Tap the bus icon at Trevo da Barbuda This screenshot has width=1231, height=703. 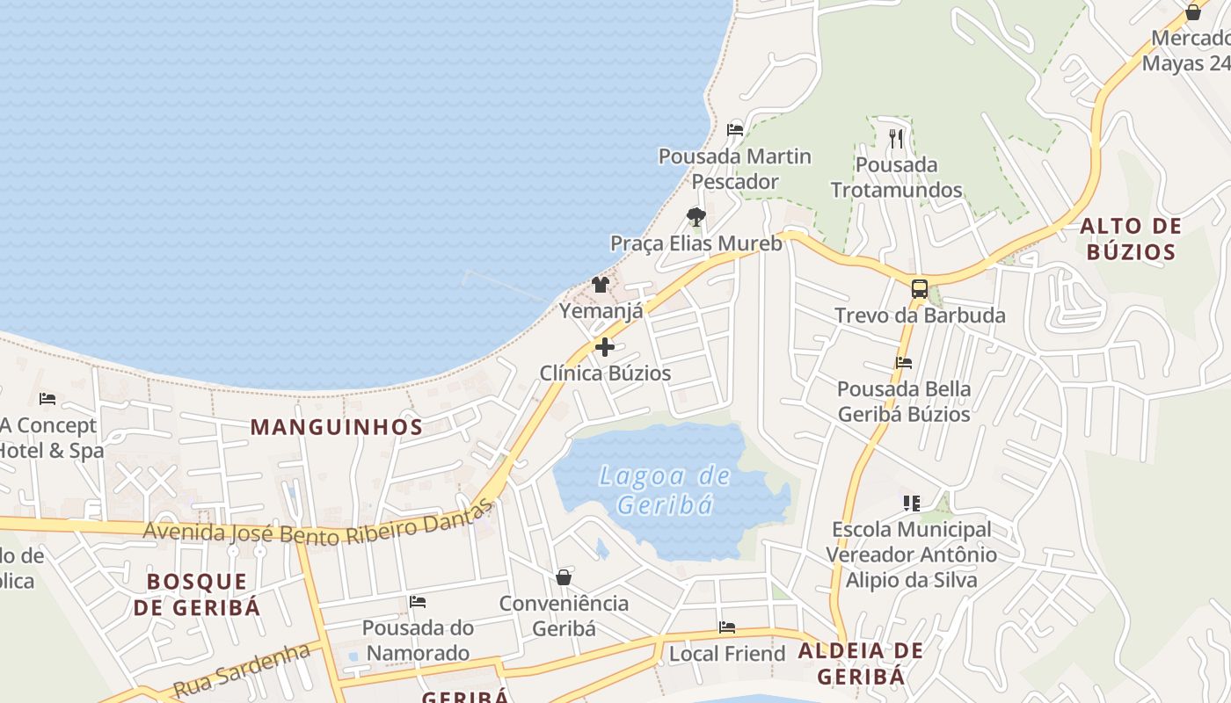coord(919,288)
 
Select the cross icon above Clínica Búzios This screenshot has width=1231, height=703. coord(605,347)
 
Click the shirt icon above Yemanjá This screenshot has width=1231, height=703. coord(601,284)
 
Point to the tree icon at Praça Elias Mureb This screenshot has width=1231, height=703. coord(696,216)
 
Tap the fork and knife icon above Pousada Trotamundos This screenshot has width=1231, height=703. coord(896,138)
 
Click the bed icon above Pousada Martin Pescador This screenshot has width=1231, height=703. coord(735,130)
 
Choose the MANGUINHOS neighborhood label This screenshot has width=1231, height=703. coord(337,427)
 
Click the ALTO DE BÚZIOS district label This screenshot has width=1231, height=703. coord(1131,239)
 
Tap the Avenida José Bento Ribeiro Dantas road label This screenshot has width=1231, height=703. coord(317,526)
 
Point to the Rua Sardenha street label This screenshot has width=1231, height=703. coord(242,670)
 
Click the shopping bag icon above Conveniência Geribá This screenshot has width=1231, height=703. coord(564,577)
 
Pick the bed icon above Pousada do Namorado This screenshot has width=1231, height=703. coord(418,602)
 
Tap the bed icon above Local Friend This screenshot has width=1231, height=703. coord(727,627)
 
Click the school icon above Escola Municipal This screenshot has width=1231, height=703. coord(911,504)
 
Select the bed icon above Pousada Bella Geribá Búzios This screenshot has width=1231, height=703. coord(903,362)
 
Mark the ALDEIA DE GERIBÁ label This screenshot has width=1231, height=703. coord(861,663)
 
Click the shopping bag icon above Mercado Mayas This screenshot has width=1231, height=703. coord(1193,12)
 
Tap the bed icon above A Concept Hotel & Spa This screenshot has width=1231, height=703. coord(47,399)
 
